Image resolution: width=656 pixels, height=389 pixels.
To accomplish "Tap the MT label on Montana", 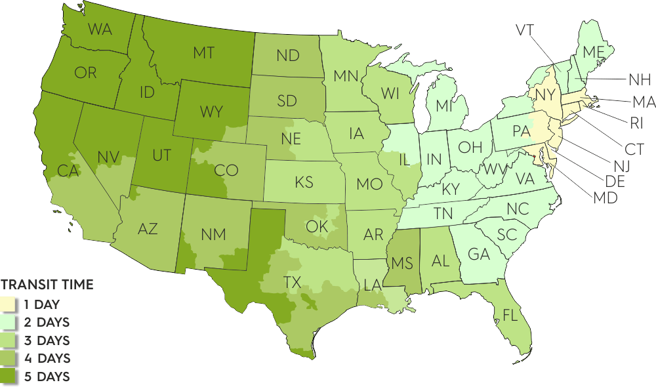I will [203, 54].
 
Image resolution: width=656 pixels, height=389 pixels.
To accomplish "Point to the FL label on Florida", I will [510, 316].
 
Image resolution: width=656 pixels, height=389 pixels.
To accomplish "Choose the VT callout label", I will [525, 30].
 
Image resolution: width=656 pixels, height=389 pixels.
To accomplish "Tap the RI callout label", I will [636, 123].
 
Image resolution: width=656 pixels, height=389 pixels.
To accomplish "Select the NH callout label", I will [639, 81].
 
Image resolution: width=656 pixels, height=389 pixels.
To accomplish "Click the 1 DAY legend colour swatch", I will [9, 304].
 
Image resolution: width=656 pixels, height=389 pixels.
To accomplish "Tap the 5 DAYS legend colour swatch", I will [9, 377].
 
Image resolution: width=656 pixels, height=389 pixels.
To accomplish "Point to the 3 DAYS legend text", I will [47, 340].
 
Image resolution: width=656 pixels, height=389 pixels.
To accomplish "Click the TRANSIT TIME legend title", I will [47, 285].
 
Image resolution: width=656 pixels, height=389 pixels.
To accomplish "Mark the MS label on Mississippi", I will [402, 264].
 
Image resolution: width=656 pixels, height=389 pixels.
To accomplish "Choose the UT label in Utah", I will [161, 156].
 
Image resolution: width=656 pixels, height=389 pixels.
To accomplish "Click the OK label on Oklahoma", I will [316, 227].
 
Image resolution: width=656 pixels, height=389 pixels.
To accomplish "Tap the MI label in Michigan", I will [444, 106].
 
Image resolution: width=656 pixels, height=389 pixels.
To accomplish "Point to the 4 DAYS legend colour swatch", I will [9, 359].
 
